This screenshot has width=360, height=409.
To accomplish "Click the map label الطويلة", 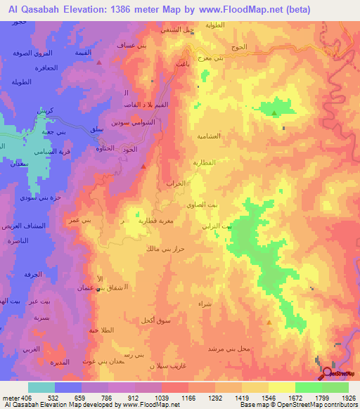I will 25,82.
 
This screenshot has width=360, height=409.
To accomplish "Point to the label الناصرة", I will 22,240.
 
